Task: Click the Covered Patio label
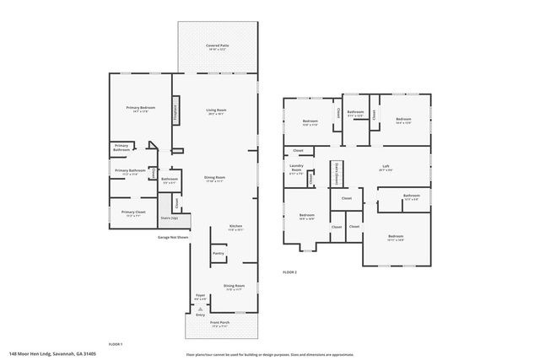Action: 218,46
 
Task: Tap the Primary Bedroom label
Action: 140,109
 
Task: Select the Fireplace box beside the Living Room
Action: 175,114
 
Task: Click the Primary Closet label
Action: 132,213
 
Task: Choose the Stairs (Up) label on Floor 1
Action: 170,218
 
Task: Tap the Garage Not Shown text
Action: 172,237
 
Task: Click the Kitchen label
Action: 236,227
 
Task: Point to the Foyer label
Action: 199,297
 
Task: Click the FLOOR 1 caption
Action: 116,344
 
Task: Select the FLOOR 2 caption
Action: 290,272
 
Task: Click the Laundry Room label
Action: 296,168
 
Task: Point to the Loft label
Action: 386,167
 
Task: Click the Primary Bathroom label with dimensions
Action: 131,172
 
